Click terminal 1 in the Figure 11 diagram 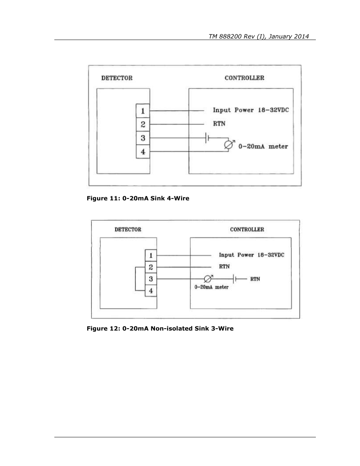point(143,111)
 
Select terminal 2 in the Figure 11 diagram point(143,125)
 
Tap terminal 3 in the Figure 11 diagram point(143,138)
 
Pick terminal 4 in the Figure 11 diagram point(143,152)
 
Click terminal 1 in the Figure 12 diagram point(151,255)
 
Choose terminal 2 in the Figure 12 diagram point(151,267)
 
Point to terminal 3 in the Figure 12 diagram point(151,279)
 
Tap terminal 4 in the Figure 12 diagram point(151,291)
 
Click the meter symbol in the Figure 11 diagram point(229,145)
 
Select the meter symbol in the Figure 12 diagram point(208,278)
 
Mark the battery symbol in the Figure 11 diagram point(207,138)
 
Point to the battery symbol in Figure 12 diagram point(234,279)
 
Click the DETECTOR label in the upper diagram point(117,78)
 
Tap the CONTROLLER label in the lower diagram point(247,229)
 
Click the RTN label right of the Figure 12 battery point(255,279)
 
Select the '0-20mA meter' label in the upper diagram point(263,146)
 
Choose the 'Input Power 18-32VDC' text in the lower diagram point(251,255)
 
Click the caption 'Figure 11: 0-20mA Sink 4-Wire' point(138,198)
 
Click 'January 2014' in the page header point(289,37)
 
